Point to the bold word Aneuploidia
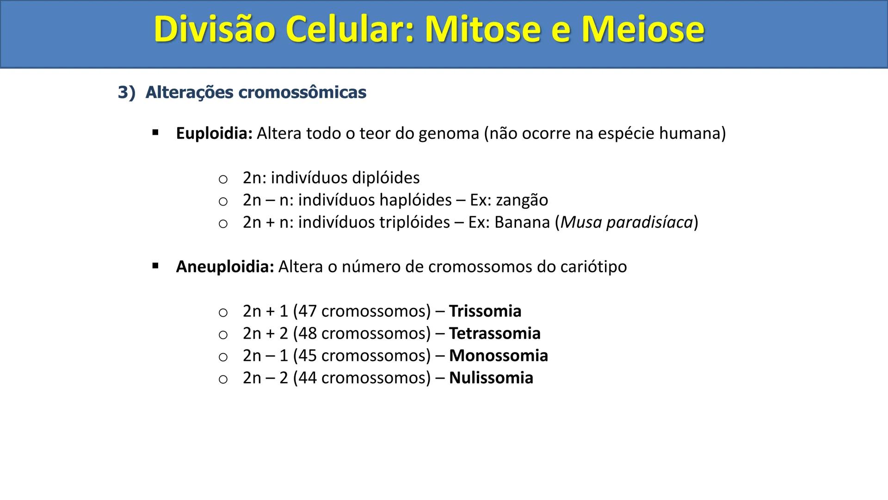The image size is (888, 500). point(225,267)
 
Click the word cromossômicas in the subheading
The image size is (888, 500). point(302,93)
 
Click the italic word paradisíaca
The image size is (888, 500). point(649,223)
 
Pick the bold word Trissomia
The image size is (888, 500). point(485,311)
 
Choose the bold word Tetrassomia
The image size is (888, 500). point(494,333)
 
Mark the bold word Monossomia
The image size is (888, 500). point(498,356)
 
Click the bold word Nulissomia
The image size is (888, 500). point(491,378)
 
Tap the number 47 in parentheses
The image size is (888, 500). point(307,311)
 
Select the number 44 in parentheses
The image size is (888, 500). point(307,378)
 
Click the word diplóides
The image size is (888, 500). point(386,178)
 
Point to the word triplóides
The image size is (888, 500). point(414,223)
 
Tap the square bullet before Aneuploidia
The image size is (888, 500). point(155,266)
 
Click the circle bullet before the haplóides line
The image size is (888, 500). point(223,201)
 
